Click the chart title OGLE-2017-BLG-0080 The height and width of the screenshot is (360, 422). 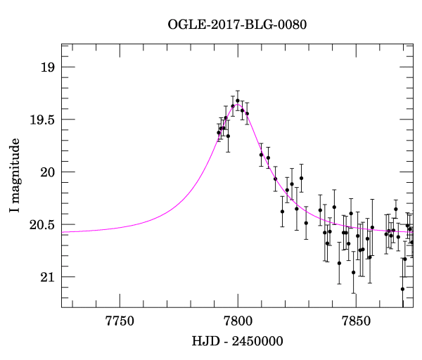pos(238,25)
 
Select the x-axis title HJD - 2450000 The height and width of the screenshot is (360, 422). pos(238,342)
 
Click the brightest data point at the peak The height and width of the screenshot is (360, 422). pos(238,101)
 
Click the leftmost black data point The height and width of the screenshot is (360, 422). pos(219,133)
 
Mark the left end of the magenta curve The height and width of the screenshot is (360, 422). pos(63,231)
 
